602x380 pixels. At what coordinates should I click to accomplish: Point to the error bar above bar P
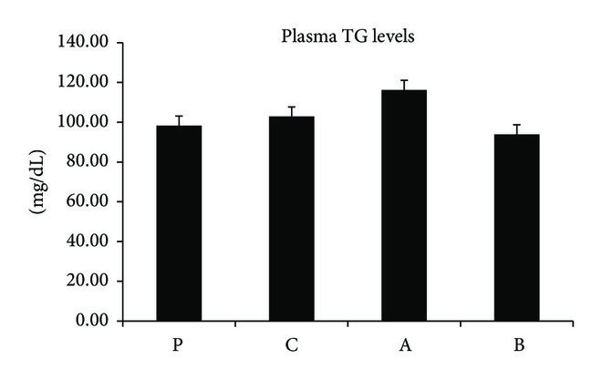point(179,120)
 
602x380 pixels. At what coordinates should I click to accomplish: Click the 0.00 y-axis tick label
point(92,322)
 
